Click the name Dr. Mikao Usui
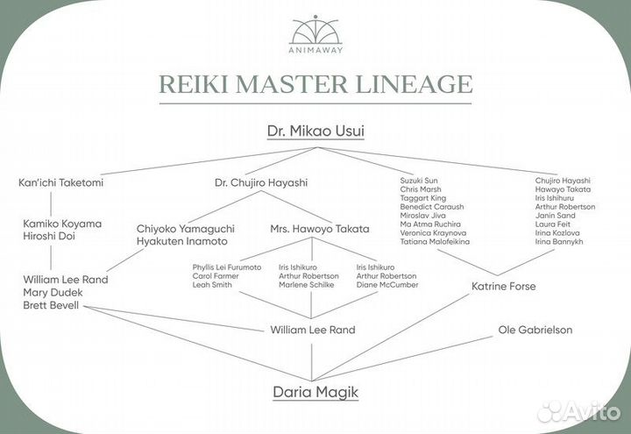315,131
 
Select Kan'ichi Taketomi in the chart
60,182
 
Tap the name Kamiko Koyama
62,224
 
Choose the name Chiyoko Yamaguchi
185,229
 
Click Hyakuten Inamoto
181,241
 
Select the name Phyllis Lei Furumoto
227,267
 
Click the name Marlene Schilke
306,285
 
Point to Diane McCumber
387,285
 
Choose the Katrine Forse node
504,287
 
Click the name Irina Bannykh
558,241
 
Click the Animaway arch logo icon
315,30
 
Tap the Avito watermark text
588,411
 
